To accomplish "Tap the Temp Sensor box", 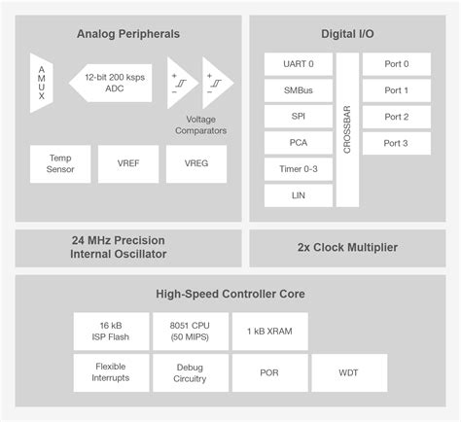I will click(59, 163).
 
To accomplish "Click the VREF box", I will click(127, 163).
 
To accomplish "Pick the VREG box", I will click(195, 163).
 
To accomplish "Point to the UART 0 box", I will click(299, 64).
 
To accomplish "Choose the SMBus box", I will click(299, 90).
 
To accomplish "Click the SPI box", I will click(299, 117).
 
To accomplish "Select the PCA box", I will click(299, 143).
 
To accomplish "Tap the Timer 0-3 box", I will click(299, 169).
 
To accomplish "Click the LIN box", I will click(299, 195).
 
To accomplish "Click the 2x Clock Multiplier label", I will click(347, 248).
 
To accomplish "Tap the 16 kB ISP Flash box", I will click(110, 331).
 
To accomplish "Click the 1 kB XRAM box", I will click(270, 331).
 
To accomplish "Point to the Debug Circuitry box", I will click(191, 372).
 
